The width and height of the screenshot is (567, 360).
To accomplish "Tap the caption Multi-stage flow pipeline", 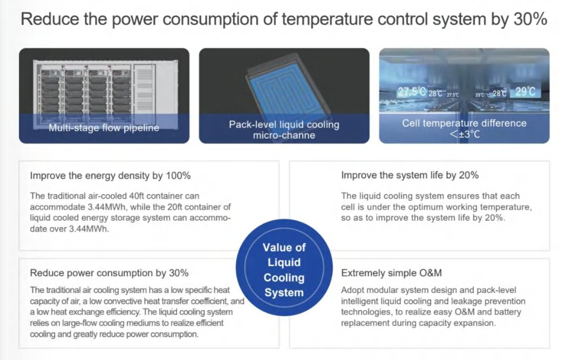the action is (x=104, y=128).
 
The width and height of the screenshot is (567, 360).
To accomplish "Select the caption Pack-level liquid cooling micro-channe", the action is (x=284, y=130).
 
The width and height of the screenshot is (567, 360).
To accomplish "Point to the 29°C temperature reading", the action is (x=525, y=91).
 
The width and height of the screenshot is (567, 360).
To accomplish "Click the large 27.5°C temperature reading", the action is (x=412, y=92).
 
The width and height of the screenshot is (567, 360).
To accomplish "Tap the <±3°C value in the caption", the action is (x=464, y=134).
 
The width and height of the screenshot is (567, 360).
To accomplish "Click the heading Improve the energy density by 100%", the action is (x=110, y=176).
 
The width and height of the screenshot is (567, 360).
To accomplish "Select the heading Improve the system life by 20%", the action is (x=409, y=175).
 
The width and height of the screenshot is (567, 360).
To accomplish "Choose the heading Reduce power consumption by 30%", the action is (x=109, y=273).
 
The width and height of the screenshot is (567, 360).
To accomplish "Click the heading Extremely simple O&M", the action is (x=391, y=273).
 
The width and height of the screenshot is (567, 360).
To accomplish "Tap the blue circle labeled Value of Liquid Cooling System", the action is (x=284, y=268).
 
